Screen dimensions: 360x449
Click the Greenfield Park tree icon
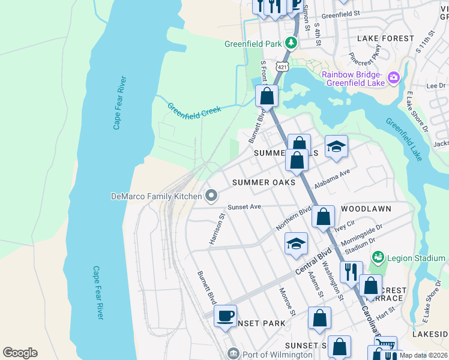pos(291,43)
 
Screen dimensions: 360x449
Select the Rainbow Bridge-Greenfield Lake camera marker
pos(394,77)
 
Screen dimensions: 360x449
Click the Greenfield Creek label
pos(194,109)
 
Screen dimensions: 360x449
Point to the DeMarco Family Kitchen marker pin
pos(211,196)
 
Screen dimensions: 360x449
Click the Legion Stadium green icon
pos(378,258)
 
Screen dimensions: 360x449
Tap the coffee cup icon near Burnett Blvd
pos(225,316)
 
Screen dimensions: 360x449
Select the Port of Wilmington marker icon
pos(233,354)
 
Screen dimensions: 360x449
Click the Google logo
pos(20,353)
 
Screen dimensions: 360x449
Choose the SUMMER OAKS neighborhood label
pos(264,182)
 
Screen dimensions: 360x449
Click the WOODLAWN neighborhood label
pos(366,209)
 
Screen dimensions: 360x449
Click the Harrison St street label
pos(217,229)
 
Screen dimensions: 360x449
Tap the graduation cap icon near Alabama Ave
pos(337,146)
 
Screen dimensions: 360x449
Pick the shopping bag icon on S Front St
pos(267,95)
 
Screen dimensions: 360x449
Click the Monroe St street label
pos(287,301)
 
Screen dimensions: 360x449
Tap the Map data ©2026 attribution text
pos(423,355)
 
